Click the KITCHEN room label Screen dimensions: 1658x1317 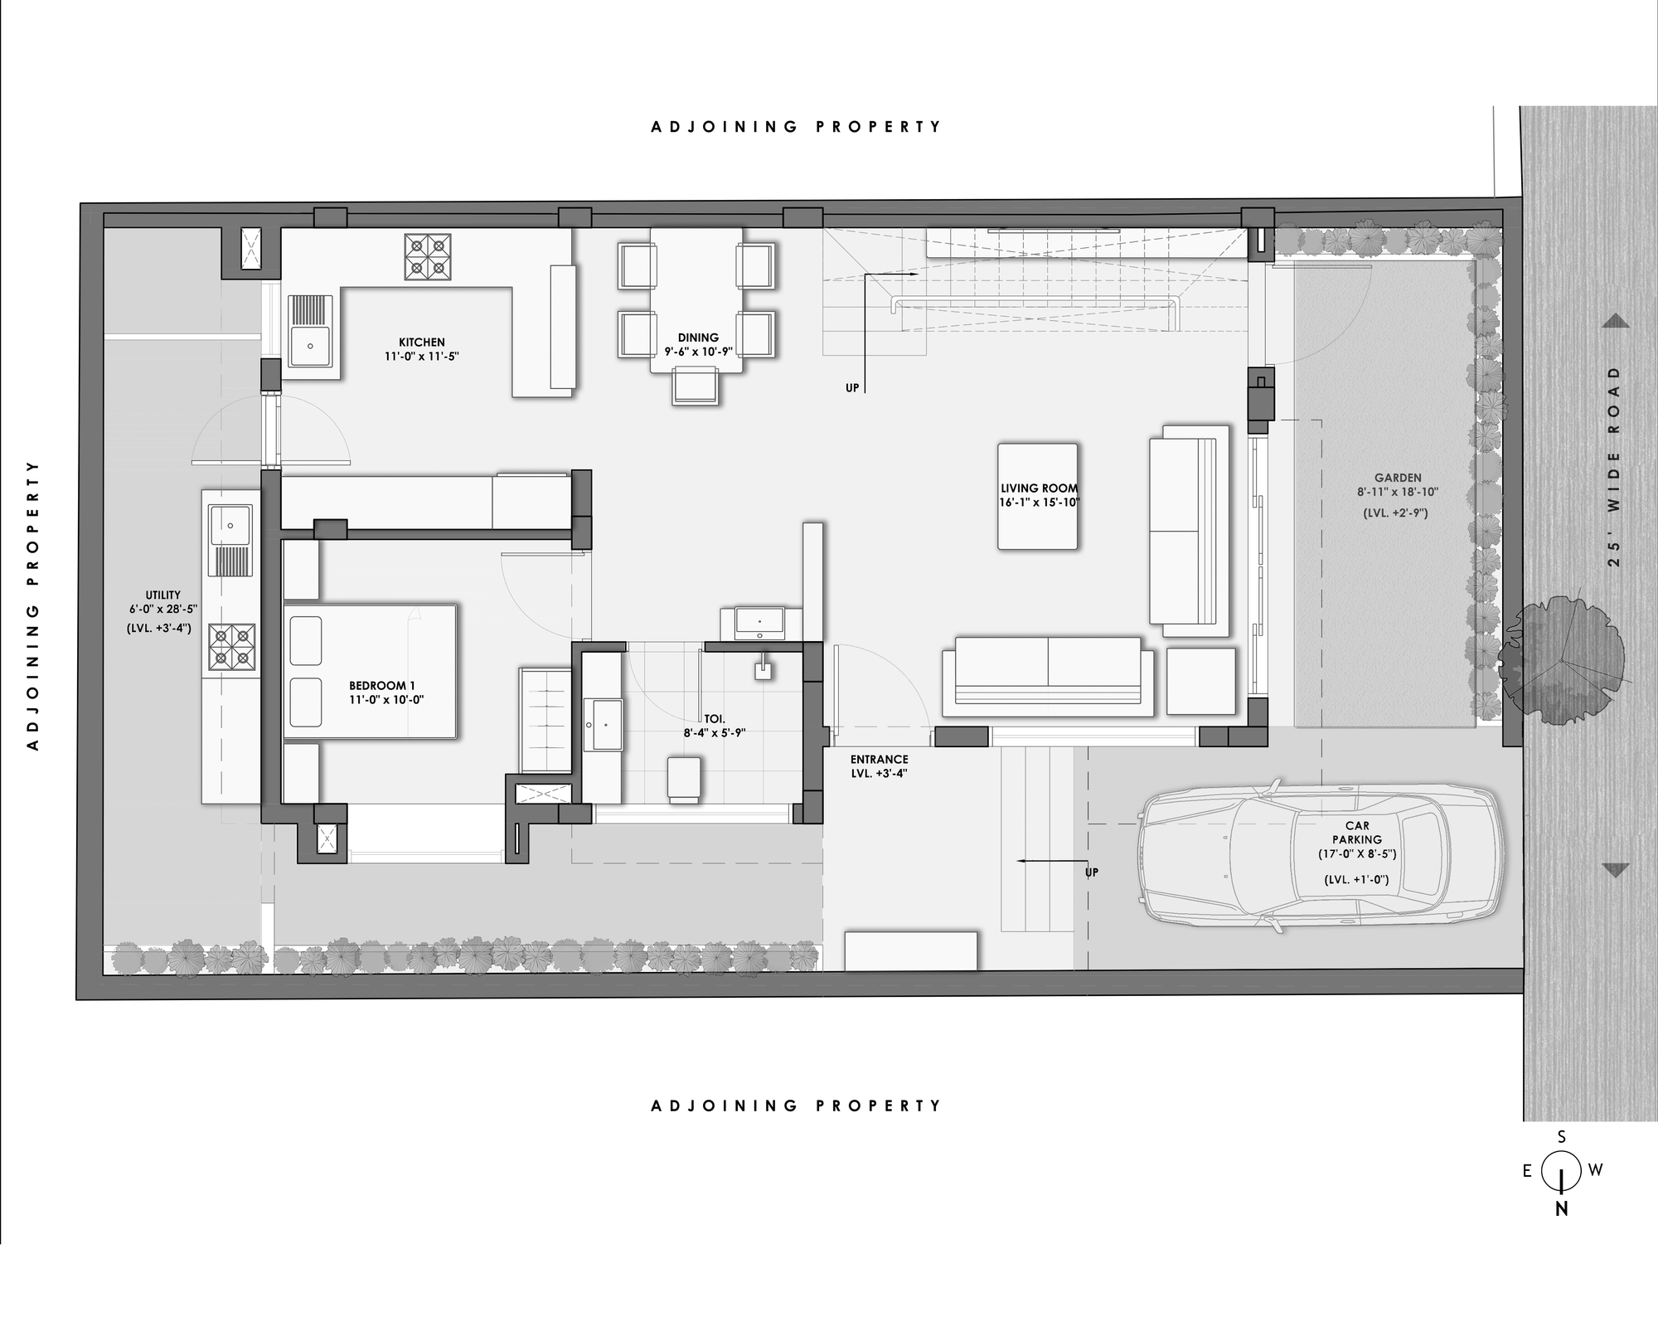422,342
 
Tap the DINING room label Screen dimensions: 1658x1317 698,338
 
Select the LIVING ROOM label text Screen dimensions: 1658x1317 1039,488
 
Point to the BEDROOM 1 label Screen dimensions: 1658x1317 382,686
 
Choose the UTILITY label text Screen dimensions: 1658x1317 162,595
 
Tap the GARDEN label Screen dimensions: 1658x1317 1398,478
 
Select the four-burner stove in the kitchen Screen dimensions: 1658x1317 428,255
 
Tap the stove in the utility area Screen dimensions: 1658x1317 231,648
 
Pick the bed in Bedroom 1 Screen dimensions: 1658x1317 370,671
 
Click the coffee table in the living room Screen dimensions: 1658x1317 1038,496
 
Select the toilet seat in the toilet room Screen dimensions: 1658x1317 684,779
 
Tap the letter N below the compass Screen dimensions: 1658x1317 1562,1208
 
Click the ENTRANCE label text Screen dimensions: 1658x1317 880,759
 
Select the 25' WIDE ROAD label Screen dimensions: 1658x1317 1613,467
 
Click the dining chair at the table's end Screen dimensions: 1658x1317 696,386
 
